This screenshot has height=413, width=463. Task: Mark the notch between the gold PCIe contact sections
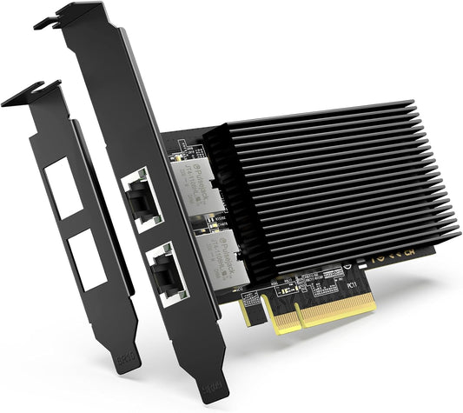(268, 318)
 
